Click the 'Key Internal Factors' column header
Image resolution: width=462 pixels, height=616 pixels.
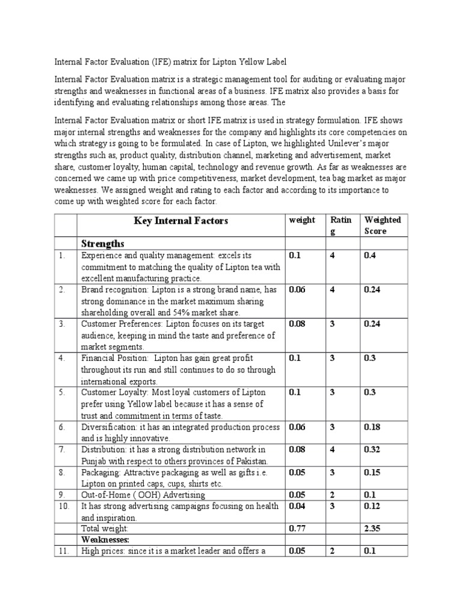point(180,221)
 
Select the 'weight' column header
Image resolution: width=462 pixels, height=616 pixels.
point(302,220)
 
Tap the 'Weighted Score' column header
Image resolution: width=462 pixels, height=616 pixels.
point(383,225)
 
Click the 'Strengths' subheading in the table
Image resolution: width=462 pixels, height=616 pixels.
point(103,243)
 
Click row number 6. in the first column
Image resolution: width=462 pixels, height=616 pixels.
point(63,427)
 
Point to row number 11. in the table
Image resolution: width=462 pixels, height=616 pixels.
point(64,551)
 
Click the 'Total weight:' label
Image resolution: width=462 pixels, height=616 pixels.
point(105,529)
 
